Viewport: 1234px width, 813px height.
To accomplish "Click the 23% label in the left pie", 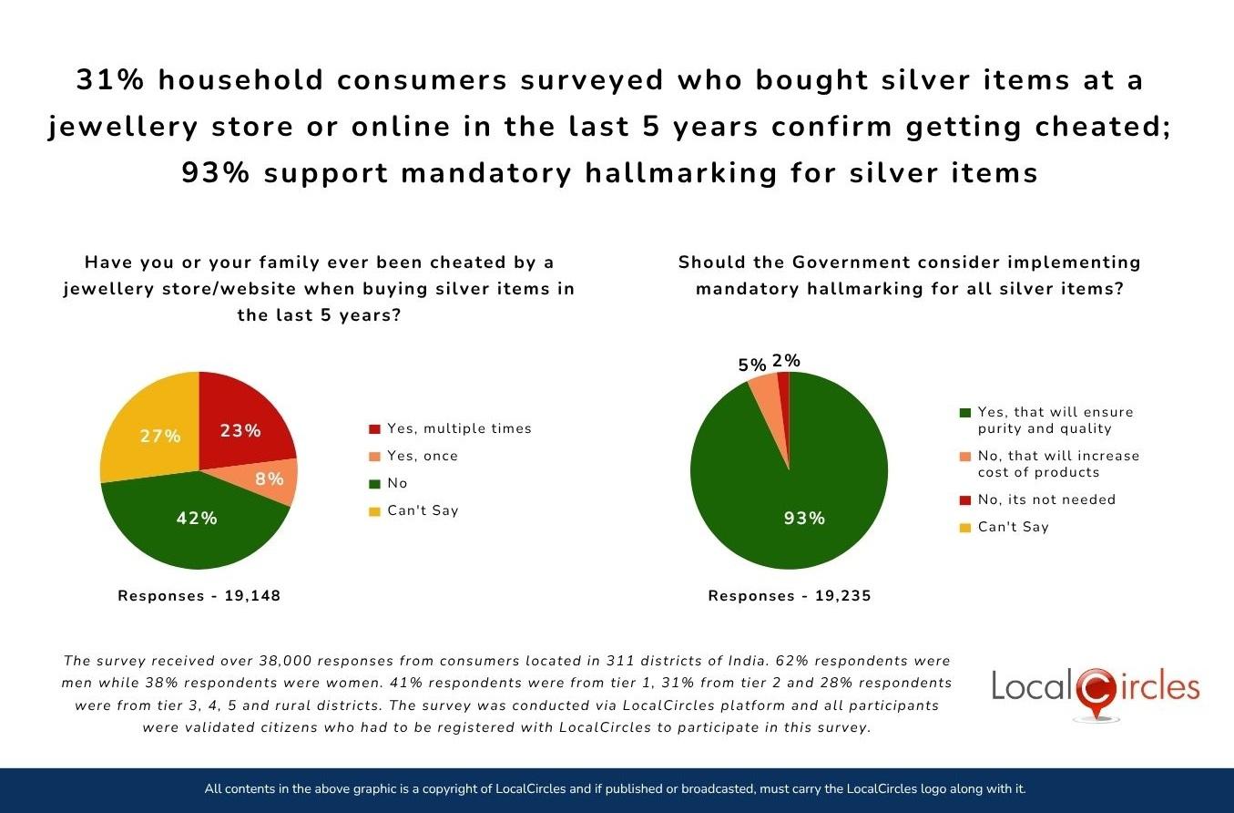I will click(240, 431).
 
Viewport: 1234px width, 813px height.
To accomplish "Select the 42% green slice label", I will click(197, 518).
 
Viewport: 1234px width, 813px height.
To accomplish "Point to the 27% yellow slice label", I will click(160, 437).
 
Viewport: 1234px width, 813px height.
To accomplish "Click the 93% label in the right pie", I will click(804, 518).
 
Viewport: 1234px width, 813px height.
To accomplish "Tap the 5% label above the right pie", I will click(751, 365).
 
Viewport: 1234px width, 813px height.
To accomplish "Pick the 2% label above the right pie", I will click(786, 361).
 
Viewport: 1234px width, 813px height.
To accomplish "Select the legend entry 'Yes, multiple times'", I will click(458, 428).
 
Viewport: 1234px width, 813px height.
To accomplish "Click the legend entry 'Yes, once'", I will click(422, 456).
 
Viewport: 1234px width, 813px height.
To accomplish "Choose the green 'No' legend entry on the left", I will click(397, 483).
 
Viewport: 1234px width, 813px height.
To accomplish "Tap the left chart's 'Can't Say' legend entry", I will click(423, 510).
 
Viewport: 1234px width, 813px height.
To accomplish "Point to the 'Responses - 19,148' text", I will click(199, 596).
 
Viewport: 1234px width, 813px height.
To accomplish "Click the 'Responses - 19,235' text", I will click(790, 596).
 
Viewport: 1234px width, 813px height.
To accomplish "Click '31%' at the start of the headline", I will click(108, 80).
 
